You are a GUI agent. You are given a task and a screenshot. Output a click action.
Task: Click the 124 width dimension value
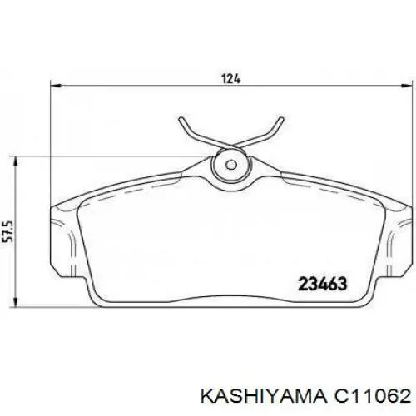pos(230,79)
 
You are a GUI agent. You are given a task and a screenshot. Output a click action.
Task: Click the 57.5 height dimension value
pos(8,231)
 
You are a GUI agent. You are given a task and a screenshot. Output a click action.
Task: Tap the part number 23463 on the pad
pos(323,284)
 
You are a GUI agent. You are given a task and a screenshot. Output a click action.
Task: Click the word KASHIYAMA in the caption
pos(263,397)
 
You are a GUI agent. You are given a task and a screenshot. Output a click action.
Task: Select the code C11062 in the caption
pos(373,397)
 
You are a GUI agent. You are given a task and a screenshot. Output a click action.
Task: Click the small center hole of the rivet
pos(230,165)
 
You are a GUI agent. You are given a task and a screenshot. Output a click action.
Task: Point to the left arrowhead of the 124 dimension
pos(56,85)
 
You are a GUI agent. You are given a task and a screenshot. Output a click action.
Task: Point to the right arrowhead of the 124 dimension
pos(406,85)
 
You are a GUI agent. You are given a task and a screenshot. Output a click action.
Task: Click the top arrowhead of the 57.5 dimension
pos(17,161)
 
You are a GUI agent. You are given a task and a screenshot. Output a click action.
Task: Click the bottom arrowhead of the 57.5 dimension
pos(17,302)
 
